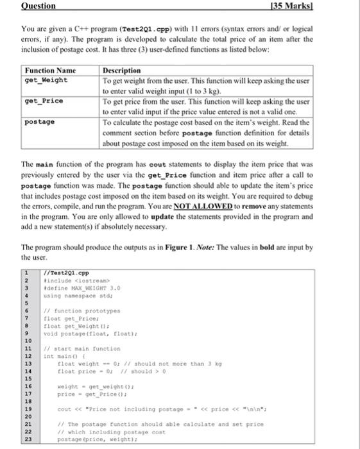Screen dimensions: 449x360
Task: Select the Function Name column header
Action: tap(49, 71)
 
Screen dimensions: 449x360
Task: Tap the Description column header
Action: tap(122, 71)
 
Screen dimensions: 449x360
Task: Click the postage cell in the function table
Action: tap(39, 121)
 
